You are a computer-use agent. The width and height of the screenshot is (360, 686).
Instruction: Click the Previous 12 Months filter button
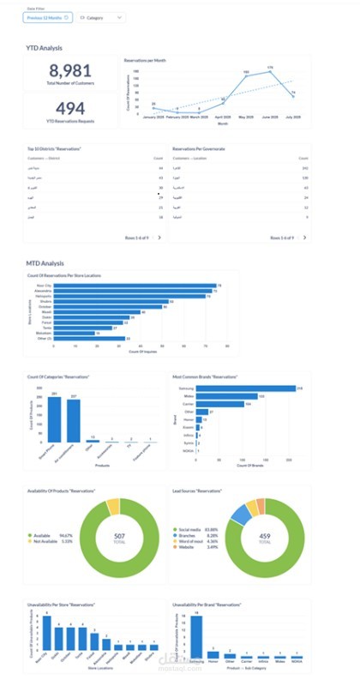point(48,16)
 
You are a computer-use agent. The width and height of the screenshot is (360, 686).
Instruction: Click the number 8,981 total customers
point(70,72)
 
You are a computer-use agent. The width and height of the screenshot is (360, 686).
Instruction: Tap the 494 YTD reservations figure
point(70,108)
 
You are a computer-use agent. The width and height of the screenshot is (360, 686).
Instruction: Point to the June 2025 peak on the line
point(269,69)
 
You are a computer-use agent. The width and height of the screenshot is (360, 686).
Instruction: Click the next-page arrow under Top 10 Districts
point(159,237)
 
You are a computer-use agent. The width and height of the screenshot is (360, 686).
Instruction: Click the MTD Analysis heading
point(44,262)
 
